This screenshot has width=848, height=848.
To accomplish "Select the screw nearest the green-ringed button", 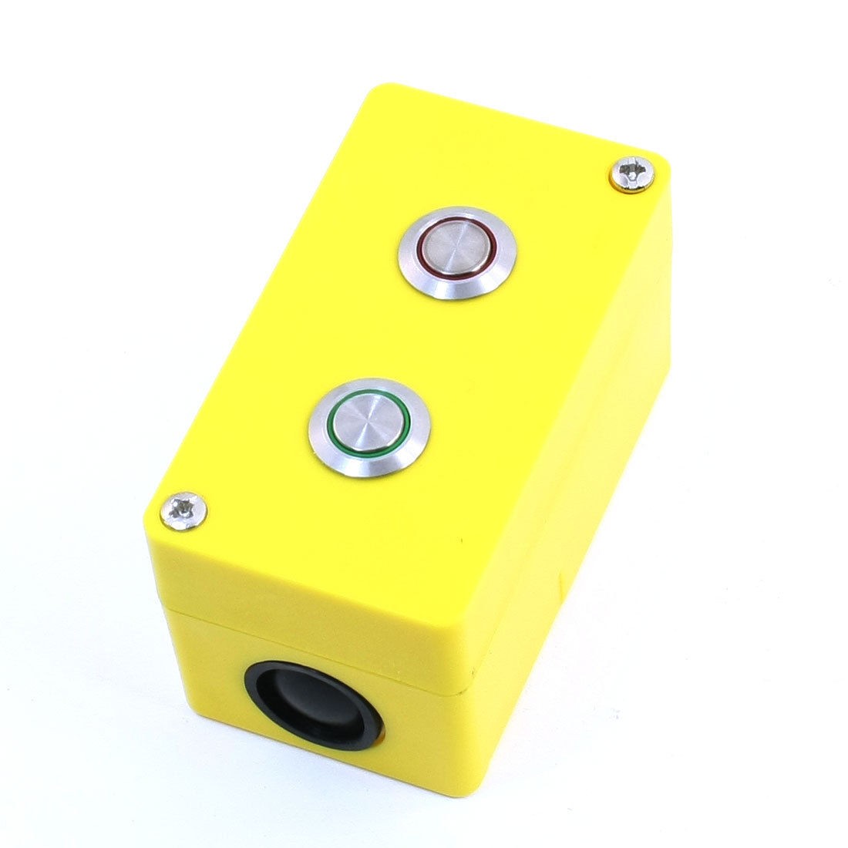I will (x=185, y=510).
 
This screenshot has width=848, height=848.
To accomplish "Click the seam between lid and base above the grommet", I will (x=308, y=644).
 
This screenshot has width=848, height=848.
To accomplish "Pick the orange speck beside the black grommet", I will (x=380, y=738).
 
